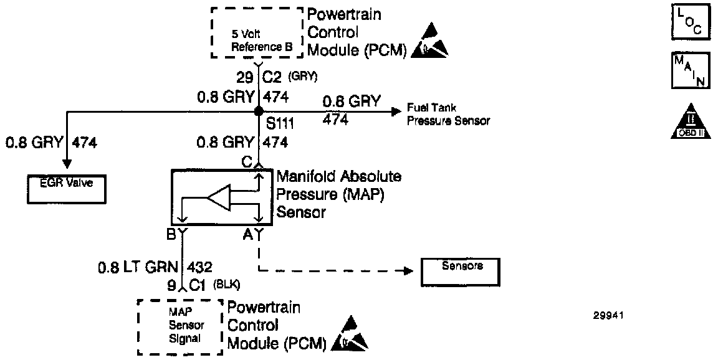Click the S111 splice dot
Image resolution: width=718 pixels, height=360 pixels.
[257, 111]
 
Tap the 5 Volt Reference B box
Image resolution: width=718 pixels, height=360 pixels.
[257, 33]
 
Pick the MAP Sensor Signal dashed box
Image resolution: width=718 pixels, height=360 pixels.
[180, 327]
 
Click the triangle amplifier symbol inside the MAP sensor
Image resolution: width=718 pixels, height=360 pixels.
[219, 199]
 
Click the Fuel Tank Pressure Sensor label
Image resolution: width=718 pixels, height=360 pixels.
[448, 115]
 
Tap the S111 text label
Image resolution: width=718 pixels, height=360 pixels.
[280, 125]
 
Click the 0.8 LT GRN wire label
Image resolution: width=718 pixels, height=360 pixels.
[137, 268]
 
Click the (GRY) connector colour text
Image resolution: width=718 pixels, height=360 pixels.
[304, 77]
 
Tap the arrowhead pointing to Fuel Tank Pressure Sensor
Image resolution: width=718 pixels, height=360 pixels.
[395, 111]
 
